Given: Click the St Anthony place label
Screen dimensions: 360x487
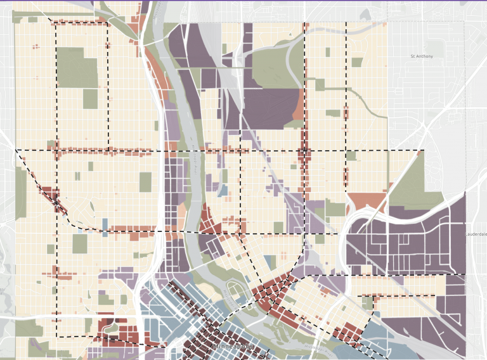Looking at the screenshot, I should click(421, 56).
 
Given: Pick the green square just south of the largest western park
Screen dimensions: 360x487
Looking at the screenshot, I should click(90, 98).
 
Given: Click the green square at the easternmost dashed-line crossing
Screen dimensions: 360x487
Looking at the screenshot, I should click(351, 155).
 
